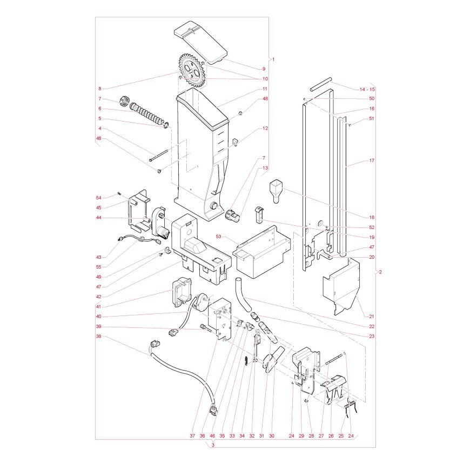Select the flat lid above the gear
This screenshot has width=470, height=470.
tap(200, 42)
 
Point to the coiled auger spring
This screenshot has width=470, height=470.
tap(149, 115)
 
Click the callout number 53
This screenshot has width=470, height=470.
tap(218, 237)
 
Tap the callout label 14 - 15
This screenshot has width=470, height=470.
tap(367, 89)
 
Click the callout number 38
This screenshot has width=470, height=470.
tap(99, 337)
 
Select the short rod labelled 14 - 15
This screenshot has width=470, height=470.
tap(321, 84)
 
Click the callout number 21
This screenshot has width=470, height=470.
tap(372, 317)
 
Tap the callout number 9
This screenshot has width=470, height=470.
tap(264, 69)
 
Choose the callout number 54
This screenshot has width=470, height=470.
tap(99, 198)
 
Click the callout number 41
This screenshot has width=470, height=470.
tap(99, 307)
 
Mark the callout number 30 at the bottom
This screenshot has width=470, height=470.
tap(272, 436)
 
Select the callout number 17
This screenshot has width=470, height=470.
tap(372, 160)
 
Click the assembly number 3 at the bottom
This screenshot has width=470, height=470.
tap(213, 445)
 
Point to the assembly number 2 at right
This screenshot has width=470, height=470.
tap(380, 272)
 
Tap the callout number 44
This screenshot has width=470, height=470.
tap(99, 218)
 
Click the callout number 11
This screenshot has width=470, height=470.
tap(265, 89)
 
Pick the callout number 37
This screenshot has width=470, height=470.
tap(192, 436)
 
